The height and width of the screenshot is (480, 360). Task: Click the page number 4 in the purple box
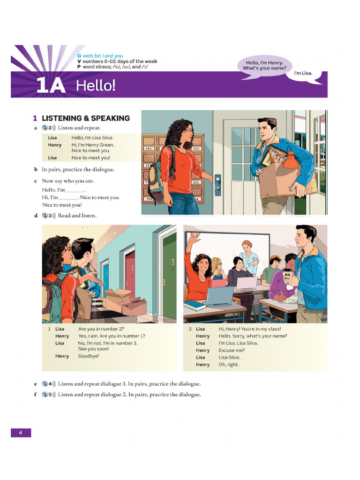point(21,433)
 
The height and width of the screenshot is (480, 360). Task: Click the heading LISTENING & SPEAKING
point(85,118)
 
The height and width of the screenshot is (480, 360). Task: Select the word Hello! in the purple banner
point(96,86)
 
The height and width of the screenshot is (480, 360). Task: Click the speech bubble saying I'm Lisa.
point(303,74)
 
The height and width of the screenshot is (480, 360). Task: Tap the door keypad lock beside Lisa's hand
point(217,185)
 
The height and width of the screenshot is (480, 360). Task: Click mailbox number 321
point(196,148)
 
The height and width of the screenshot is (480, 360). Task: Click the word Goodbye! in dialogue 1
point(89,356)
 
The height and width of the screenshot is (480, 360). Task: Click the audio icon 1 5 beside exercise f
point(49,394)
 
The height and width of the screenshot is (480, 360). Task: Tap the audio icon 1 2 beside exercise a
point(49,127)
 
